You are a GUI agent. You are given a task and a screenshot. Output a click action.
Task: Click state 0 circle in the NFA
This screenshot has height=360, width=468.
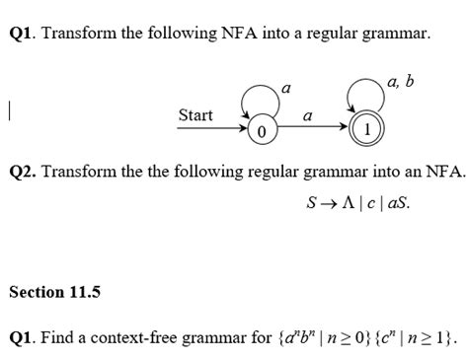coord(261,129)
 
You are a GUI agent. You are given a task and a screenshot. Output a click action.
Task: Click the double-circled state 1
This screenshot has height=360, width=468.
coord(366,128)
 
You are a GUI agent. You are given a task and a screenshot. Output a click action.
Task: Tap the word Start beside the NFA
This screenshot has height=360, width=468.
coord(195,115)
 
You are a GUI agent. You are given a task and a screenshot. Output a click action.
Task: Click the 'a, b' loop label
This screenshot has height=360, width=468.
coord(404,79)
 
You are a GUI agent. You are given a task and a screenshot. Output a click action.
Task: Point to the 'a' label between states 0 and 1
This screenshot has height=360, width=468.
coord(307,116)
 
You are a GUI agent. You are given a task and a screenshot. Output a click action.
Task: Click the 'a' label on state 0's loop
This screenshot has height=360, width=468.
coord(286,90)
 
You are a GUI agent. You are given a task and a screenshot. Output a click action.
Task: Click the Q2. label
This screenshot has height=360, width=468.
coord(24,171)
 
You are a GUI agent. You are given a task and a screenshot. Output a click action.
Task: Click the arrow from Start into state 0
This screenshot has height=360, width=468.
coord(233,128)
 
